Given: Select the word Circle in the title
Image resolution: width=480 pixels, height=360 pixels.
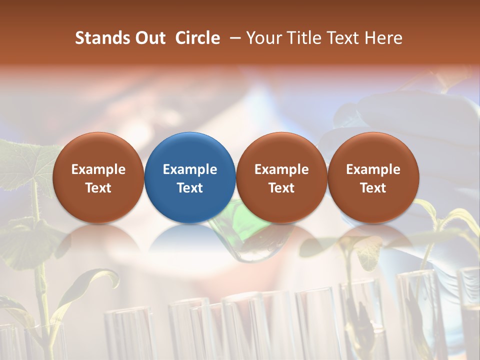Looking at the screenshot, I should pyautogui.click(x=197, y=38).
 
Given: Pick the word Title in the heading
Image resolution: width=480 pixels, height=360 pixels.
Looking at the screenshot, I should pyautogui.click(x=303, y=38).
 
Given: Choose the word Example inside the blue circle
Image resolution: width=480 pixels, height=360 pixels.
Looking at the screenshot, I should pyautogui.click(x=190, y=169).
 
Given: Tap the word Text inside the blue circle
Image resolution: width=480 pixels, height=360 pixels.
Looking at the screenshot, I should pyautogui.click(x=190, y=188).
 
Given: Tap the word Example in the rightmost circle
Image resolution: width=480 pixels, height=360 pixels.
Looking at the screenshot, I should pyautogui.click(x=373, y=169).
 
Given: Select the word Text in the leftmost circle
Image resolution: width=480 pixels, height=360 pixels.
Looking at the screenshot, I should pyautogui.click(x=98, y=188).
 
